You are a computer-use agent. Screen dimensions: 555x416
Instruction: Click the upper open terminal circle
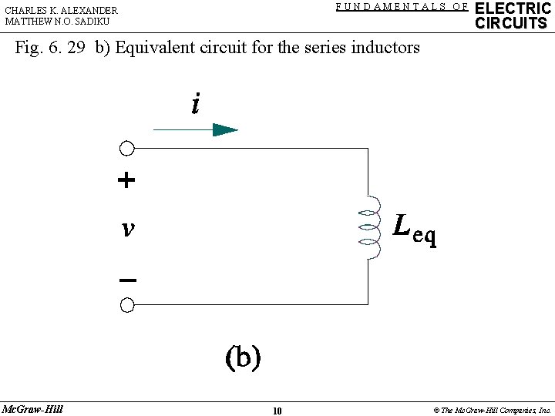[x=127, y=149]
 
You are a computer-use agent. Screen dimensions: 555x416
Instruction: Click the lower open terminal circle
[x=127, y=306]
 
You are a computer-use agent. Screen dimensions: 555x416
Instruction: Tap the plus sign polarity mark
[x=126, y=180]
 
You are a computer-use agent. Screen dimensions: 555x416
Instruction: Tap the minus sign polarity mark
[x=128, y=280]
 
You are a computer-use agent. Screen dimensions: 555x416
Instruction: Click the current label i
[x=197, y=103]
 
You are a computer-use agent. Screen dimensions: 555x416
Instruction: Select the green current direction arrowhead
[x=225, y=129]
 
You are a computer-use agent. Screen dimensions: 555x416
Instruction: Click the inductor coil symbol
[x=369, y=227]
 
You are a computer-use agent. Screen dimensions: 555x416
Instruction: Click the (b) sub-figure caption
[x=243, y=357]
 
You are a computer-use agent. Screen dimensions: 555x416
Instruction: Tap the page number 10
[x=277, y=411]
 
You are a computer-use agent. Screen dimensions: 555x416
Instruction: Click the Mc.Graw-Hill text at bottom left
[x=32, y=408]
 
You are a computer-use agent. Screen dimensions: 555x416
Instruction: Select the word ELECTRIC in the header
[x=513, y=8]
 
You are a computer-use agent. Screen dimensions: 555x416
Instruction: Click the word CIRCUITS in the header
[x=511, y=23]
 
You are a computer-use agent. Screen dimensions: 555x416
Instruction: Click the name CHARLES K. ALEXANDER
[x=62, y=11]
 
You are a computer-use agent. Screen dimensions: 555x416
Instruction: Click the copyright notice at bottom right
[x=493, y=411]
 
